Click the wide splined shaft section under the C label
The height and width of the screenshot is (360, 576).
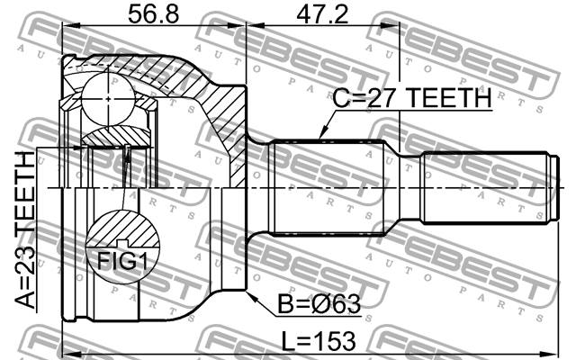(x=333, y=187)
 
